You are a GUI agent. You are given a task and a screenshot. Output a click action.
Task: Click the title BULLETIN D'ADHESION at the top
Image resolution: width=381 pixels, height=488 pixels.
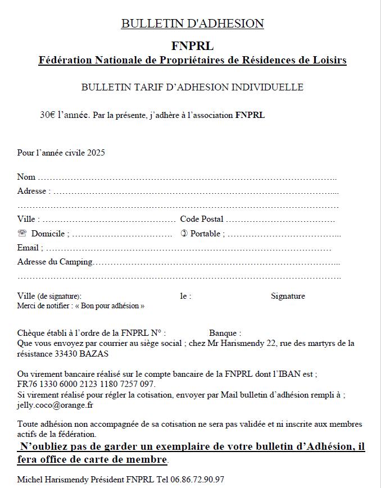[192, 24]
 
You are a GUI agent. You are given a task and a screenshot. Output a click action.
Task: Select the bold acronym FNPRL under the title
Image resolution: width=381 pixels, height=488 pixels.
[192, 46]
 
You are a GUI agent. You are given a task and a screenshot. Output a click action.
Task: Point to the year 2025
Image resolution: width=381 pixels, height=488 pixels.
[96, 152]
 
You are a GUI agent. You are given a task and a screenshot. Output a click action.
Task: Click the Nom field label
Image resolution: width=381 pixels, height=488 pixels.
[26, 177]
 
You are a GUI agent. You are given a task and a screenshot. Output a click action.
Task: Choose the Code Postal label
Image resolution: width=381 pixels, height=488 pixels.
[201, 219]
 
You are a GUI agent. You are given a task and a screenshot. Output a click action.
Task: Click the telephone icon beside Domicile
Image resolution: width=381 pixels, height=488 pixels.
[22, 234]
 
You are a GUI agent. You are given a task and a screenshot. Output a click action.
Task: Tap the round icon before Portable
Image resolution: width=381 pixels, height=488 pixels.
[184, 234]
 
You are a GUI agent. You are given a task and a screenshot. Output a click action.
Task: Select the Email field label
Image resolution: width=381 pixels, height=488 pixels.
[28, 248]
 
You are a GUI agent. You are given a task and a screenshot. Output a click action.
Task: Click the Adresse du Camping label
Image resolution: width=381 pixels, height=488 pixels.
[55, 262]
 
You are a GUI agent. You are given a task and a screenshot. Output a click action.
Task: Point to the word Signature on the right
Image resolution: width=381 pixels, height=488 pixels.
[288, 296]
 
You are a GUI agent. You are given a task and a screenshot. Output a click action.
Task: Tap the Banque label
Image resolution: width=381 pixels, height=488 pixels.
[225, 333]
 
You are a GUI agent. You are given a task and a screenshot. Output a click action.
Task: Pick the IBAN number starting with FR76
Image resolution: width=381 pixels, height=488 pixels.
[86, 384]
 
